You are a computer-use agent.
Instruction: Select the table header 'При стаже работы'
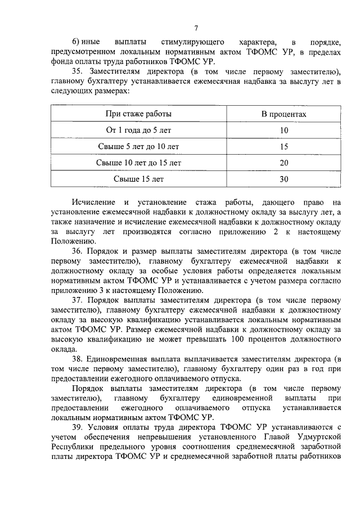pos(139,114)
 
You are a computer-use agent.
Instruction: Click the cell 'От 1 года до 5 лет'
pos(139,130)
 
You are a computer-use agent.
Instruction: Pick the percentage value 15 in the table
pos(283,147)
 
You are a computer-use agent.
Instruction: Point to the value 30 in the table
pos(283,179)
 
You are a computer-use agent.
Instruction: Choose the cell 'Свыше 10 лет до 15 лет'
pos(139,163)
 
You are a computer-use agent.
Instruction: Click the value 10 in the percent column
pos(283,130)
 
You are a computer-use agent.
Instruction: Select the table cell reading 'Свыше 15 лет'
pos(139,179)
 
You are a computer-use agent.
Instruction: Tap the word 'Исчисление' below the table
pos(93,202)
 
